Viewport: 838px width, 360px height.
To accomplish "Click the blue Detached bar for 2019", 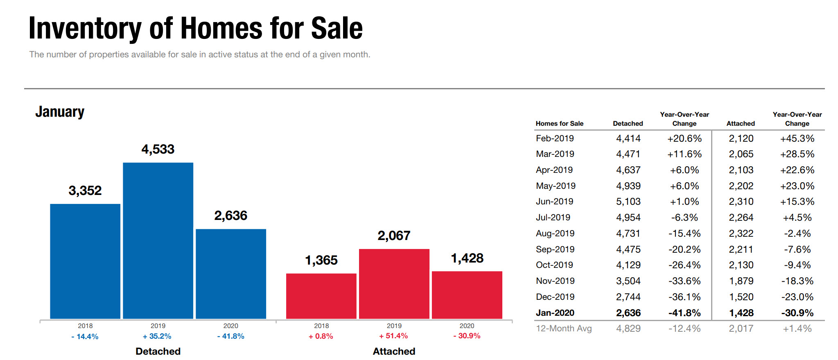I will [158, 240].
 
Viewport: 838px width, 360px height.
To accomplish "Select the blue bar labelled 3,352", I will [85, 261].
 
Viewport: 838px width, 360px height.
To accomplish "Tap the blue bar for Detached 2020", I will [231, 274].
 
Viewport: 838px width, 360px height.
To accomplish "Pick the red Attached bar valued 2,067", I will [394, 283].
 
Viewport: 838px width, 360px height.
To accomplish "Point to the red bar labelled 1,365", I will [321, 296].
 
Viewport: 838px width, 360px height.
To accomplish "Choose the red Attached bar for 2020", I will [467, 294].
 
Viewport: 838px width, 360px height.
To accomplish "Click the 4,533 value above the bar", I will [158, 149].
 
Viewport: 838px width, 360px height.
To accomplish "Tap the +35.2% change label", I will [157, 336].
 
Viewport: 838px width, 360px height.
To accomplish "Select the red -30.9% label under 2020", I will [467, 336].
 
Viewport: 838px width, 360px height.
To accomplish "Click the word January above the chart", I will [60, 112].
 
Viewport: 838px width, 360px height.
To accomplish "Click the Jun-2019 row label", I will [554, 202].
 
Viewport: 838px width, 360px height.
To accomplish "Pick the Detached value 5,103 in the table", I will [628, 202].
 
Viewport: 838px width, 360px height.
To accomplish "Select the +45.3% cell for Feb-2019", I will [797, 138].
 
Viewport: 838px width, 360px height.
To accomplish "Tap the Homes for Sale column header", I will [559, 123].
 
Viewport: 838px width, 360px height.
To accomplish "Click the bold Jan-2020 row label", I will [555, 313].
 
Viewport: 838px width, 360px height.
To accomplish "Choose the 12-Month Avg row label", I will [564, 328].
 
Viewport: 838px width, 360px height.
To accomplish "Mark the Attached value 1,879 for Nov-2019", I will [741, 281].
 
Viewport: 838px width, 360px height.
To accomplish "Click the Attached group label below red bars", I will [394, 351].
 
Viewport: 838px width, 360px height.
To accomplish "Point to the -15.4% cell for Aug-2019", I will [684, 233].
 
